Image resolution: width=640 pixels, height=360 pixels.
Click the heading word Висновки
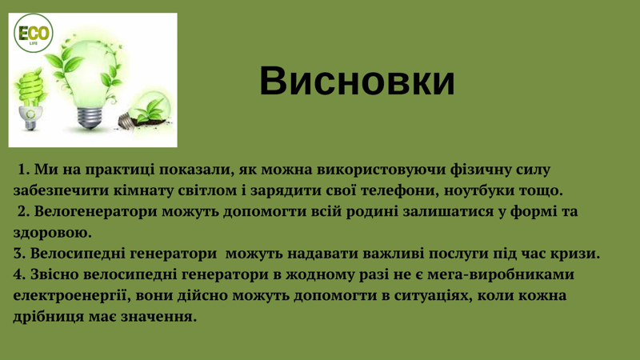click(357, 81)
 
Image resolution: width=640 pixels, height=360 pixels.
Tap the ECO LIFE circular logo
click(34, 33)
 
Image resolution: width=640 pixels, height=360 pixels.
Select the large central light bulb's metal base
click(90, 117)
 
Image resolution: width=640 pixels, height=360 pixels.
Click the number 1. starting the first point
click(24, 170)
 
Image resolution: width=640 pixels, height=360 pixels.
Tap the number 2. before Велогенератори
click(24, 212)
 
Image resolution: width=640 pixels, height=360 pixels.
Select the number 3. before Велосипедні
click(19, 254)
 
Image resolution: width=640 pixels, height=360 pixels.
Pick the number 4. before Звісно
click(19, 274)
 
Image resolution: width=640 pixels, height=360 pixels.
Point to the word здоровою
click(52, 233)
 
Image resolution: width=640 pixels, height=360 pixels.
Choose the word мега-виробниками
click(501, 274)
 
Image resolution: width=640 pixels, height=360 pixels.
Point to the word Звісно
click(54, 274)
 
